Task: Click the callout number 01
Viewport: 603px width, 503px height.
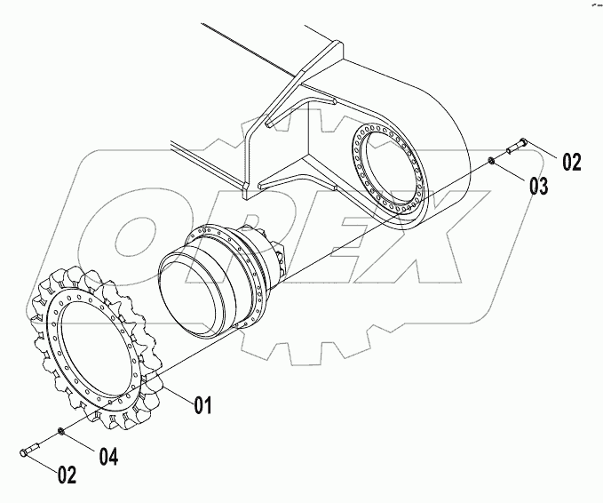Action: click(x=202, y=406)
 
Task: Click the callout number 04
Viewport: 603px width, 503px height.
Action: click(x=108, y=457)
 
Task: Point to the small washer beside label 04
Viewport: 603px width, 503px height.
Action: click(x=60, y=432)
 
